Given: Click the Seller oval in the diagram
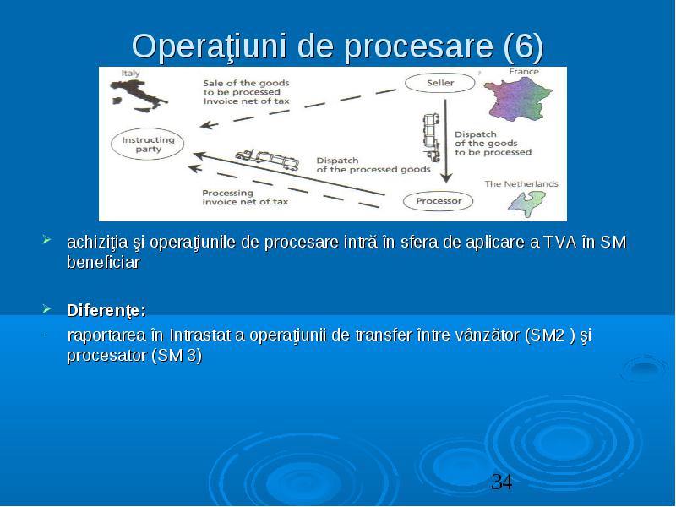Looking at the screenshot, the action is click(439, 83).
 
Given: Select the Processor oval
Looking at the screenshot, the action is click(438, 201).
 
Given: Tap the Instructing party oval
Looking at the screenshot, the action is click(147, 144).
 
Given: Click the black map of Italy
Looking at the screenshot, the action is click(139, 95).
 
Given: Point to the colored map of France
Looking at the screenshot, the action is click(517, 99).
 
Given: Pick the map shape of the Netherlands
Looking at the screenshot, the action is click(527, 204).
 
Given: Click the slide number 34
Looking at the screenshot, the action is click(502, 482).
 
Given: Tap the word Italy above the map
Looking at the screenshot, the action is click(130, 73).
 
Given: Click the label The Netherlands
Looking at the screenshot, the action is click(521, 183).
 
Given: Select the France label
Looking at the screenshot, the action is click(524, 72).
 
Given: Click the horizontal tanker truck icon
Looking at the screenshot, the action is click(267, 160).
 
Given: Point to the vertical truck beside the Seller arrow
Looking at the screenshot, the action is click(432, 138).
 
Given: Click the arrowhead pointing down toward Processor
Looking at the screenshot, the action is click(446, 177).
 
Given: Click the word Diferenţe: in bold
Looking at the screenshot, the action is click(106, 310).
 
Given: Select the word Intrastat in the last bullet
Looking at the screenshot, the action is click(200, 335).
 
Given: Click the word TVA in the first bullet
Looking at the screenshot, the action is click(560, 242).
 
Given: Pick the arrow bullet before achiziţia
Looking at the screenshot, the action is click(46, 240).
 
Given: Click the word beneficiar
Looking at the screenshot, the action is click(103, 262).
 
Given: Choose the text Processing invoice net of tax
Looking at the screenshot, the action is click(245, 198).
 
